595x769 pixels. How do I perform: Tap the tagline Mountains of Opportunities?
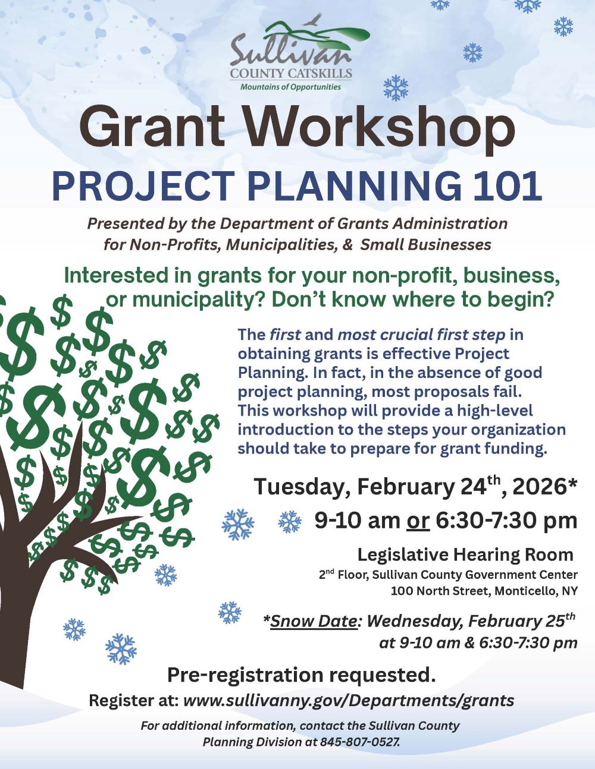pyautogui.click(x=290, y=87)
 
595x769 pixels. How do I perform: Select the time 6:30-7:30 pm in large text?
pyautogui.click(x=506, y=521)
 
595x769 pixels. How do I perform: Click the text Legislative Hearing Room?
pyautogui.click(x=465, y=554)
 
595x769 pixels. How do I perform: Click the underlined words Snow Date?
pyautogui.click(x=314, y=621)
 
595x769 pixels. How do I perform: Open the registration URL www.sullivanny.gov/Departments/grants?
pyautogui.click(x=348, y=700)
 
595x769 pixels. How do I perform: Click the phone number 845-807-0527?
pyautogui.click(x=359, y=742)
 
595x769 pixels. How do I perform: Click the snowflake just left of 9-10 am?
pyautogui.click(x=290, y=522)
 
